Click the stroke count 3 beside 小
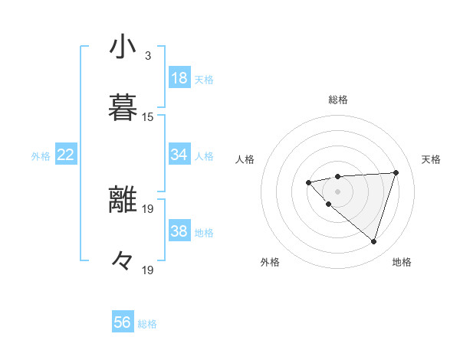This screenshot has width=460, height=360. (x=148, y=56)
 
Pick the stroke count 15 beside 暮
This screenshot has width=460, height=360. (x=148, y=117)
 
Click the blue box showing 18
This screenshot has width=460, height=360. (x=179, y=78)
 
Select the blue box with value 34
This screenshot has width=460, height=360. (x=179, y=155)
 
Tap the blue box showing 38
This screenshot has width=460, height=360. (x=179, y=231)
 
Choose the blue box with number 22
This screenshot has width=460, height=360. (x=66, y=155)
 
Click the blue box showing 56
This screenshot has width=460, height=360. (x=123, y=322)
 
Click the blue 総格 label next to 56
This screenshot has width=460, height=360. (x=148, y=324)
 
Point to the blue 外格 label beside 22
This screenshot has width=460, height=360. (x=41, y=156)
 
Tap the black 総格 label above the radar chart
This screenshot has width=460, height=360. (x=338, y=100)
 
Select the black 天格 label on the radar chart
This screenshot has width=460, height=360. (x=431, y=159)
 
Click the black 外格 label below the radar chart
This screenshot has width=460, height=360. (x=270, y=263)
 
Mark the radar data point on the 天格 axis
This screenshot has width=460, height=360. (x=396, y=172)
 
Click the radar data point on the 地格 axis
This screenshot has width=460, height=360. (x=373, y=241)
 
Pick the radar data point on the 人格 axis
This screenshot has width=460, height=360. (x=308, y=182)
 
